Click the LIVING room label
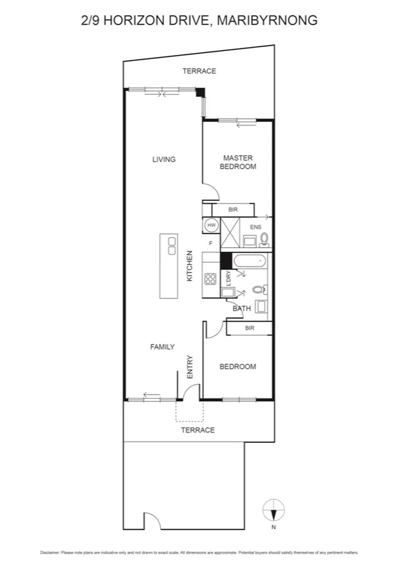(164, 159)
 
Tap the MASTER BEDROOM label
(238, 162)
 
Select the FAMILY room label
(162, 347)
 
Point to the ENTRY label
(189, 368)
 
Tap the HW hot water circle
(211, 225)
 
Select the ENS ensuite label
(256, 227)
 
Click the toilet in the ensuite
(264, 238)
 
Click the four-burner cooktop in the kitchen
(211, 279)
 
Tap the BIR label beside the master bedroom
(232, 210)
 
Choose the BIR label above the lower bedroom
(250, 328)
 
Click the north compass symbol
(273, 511)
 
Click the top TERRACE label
(199, 71)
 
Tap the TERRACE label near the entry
(198, 430)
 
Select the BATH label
(242, 308)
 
